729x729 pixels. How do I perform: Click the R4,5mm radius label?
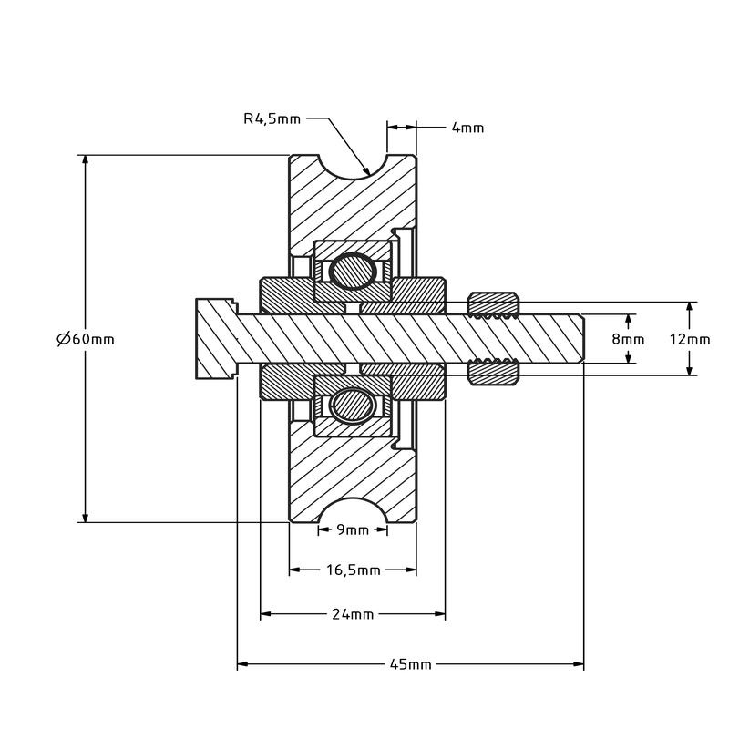pos(272,118)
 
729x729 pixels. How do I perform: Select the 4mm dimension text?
pos(467,128)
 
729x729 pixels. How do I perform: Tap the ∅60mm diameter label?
pos(85,339)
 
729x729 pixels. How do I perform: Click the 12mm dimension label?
pos(689,339)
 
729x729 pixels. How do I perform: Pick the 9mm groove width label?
pos(353,529)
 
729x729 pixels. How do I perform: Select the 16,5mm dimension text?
pos(353,570)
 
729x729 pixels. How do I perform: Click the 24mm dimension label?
pos(353,614)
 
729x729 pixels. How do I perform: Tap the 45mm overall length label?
pos(410,664)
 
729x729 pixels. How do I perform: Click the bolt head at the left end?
pos(215,339)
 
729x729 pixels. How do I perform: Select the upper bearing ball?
pos(352,271)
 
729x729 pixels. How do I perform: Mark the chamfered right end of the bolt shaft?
pos(580,339)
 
